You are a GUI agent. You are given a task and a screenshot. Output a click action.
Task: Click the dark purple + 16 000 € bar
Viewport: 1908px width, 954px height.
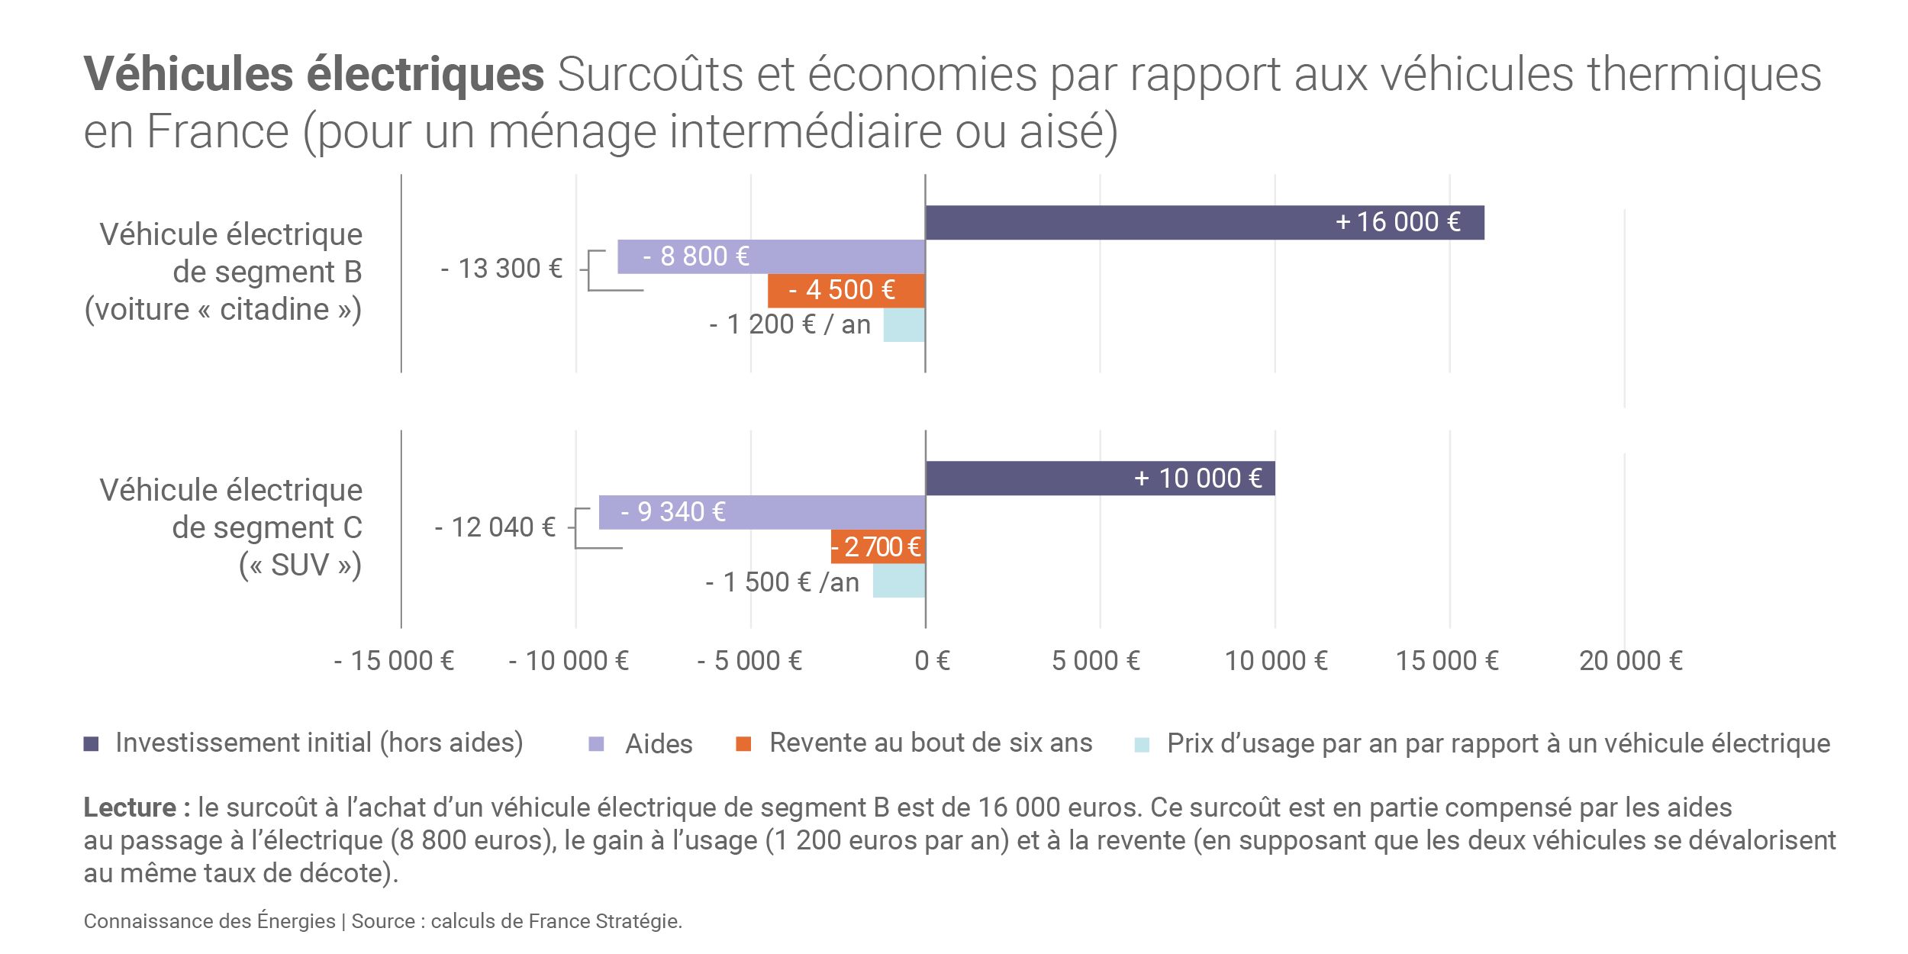[x=1204, y=222]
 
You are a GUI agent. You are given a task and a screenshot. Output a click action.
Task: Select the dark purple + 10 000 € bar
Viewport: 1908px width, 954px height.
[x=1100, y=478]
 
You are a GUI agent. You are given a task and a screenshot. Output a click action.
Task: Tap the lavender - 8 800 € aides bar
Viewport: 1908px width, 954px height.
[x=771, y=256]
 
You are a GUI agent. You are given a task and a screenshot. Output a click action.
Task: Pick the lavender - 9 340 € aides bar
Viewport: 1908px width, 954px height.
[x=762, y=512]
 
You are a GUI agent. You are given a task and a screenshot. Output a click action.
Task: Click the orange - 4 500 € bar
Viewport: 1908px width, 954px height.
[x=846, y=290]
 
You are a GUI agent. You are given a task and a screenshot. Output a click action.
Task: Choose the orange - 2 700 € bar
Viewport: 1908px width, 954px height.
[x=878, y=546]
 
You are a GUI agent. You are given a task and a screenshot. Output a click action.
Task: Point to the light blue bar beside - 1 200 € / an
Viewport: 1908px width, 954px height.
[x=904, y=325]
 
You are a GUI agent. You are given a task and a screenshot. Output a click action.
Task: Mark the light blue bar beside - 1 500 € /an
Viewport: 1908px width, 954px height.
[x=899, y=581]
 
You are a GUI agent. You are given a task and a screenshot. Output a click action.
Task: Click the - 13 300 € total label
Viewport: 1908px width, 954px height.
[x=501, y=269]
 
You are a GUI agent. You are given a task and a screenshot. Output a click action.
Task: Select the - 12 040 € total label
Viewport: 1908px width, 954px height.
[x=495, y=527]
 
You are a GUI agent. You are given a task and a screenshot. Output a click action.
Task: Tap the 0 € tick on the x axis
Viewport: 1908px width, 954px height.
[x=932, y=661]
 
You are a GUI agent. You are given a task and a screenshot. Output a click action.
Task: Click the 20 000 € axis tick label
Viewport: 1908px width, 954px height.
[x=1630, y=661]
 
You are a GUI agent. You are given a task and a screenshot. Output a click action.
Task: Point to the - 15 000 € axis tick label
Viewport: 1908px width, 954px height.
[x=394, y=661]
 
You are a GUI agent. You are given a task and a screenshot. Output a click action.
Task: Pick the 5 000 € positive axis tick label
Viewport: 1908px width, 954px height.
[x=1095, y=661]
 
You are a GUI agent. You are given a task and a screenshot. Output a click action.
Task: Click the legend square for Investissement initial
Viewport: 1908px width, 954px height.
[x=91, y=743]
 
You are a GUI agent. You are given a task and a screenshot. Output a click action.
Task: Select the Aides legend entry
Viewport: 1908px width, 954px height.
[x=658, y=744]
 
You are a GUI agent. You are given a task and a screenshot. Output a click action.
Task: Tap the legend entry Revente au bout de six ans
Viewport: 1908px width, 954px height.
[x=930, y=743]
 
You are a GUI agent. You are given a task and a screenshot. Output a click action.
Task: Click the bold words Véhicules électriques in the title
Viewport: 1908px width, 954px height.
[x=314, y=74]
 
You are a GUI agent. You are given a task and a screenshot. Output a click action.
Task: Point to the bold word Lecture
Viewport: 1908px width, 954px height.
[x=130, y=807]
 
